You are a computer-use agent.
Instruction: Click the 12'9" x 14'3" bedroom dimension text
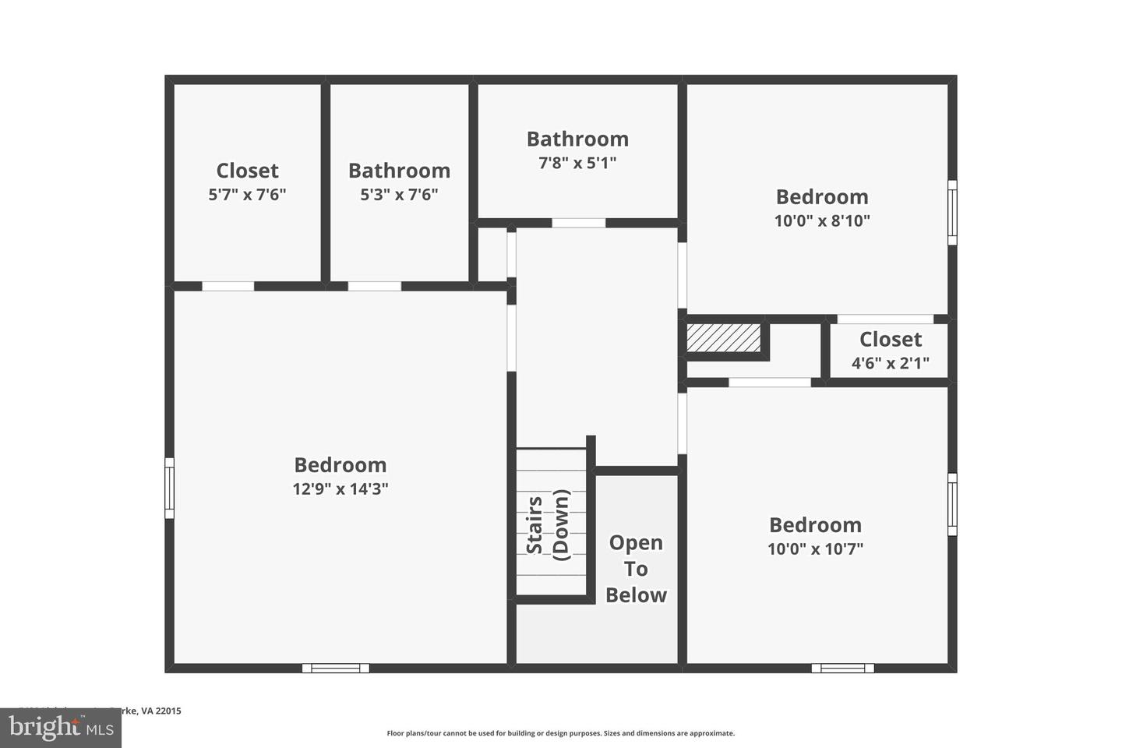point(340,489)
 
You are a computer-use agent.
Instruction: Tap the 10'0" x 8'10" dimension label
point(822,221)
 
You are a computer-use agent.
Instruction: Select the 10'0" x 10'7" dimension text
point(815,549)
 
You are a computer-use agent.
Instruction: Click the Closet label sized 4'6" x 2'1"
point(890,340)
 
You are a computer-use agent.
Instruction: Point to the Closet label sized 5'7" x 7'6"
point(247,171)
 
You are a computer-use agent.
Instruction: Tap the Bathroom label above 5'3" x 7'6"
point(399,171)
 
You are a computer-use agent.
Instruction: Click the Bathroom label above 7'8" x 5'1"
point(577,139)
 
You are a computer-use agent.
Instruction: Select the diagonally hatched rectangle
point(723,337)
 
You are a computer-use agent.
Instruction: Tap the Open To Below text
point(636,569)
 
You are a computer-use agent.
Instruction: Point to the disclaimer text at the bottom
point(560,733)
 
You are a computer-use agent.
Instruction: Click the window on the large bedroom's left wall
point(169,489)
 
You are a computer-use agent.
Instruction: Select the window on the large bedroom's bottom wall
point(336,668)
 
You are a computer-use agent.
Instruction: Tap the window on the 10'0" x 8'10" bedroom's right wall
point(952,213)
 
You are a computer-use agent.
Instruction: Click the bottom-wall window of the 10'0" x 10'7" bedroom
point(842,668)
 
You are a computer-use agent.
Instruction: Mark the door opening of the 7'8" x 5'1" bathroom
point(579,223)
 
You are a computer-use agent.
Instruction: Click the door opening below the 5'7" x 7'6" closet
point(228,286)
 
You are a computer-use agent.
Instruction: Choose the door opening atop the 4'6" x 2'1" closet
point(885,319)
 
